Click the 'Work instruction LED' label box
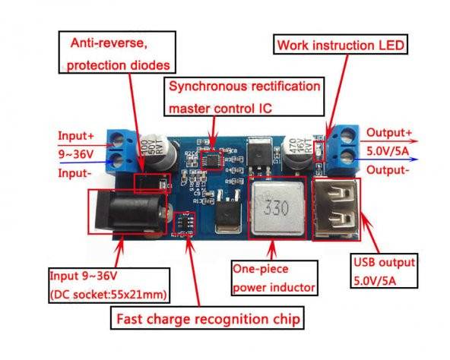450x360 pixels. (341, 45)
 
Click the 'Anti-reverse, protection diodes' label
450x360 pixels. (116, 53)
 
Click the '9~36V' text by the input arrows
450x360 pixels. (76, 154)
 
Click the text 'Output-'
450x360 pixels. (388, 169)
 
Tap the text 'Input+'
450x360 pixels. (76, 136)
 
